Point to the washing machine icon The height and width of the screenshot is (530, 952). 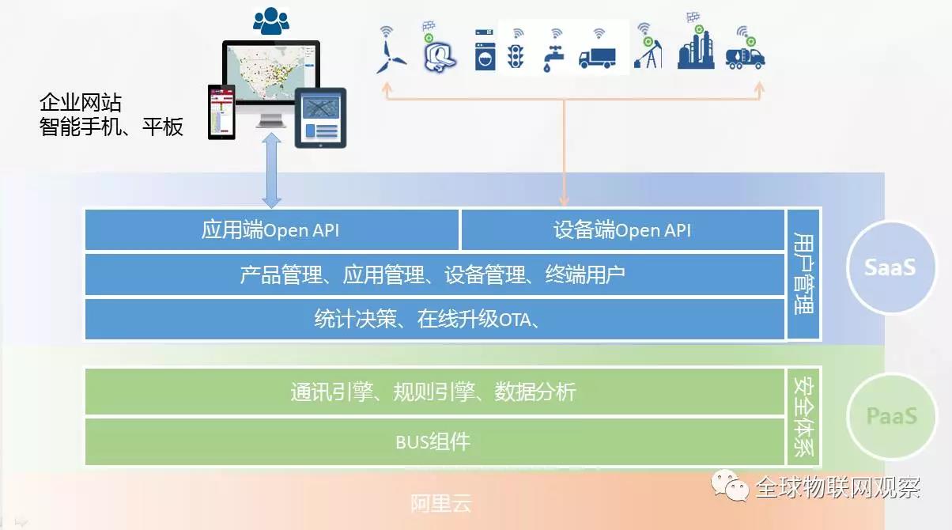click(485, 50)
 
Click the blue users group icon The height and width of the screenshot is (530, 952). click(271, 21)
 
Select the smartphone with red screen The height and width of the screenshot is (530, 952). click(221, 112)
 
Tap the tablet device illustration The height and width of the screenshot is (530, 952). click(320, 118)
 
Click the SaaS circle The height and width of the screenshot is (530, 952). click(891, 267)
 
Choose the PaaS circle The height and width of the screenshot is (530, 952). click(891, 415)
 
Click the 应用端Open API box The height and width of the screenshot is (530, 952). click(271, 230)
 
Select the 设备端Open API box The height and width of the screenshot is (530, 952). click(622, 230)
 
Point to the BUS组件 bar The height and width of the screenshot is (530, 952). click(434, 441)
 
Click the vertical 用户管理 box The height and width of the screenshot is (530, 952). click(803, 274)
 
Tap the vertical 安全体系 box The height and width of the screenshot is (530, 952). click(803, 417)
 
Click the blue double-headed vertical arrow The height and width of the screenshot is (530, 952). click(271, 170)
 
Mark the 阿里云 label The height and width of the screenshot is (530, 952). click(440, 504)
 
